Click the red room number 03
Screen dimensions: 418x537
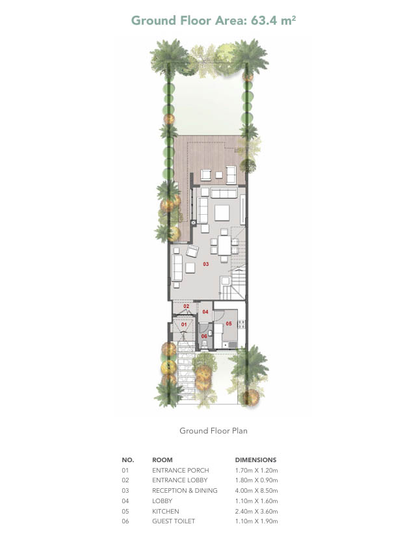tap(205, 264)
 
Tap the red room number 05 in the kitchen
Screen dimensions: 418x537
tap(229, 324)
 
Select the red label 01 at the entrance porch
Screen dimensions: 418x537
tap(184, 324)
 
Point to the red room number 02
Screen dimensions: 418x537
tap(186, 306)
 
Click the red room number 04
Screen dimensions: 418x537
tap(205, 312)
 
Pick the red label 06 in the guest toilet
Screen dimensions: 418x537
tap(204, 336)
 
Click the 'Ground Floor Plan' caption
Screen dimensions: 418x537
tap(213, 431)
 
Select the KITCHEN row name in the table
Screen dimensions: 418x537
tap(166, 512)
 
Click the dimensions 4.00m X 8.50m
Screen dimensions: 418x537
tap(256, 491)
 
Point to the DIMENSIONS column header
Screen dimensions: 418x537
tap(255, 460)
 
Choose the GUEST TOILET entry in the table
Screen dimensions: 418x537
tap(174, 521)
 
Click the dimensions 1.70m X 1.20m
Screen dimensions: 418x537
tap(256, 471)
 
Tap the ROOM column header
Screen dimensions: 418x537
tap(162, 460)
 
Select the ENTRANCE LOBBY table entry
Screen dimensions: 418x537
tap(180, 480)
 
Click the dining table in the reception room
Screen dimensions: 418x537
tap(224, 245)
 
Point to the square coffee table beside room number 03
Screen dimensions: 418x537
tap(190, 268)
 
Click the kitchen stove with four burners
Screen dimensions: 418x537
tap(241, 324)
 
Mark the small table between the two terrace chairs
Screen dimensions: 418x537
tap(219, 175)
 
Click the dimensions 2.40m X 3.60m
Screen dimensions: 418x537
tap(256, 512)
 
